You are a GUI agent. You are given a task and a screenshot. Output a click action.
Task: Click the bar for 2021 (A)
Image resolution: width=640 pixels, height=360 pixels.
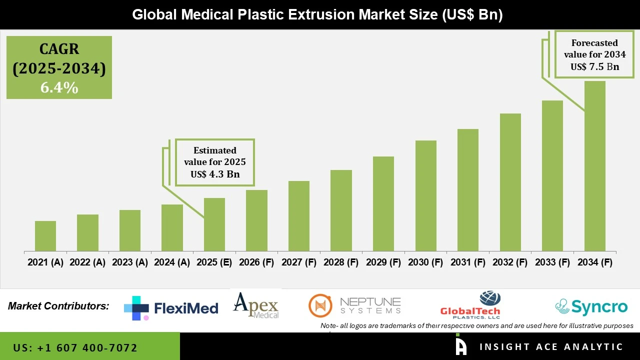pos(45,236)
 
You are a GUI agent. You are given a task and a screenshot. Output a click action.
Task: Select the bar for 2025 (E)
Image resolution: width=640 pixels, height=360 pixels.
pos(214,224)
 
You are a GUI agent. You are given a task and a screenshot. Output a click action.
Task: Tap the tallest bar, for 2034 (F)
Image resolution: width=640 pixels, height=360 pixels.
pos(594,166)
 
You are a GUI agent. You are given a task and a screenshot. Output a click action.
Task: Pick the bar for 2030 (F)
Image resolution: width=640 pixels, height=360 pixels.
pos(425,195)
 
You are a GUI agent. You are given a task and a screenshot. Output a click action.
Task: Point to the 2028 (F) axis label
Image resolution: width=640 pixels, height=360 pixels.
pos(341,262)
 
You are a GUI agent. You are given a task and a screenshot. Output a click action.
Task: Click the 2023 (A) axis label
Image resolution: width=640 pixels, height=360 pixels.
pos(130,262)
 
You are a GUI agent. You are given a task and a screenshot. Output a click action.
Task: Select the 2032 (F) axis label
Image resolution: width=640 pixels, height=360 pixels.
pos(510,262)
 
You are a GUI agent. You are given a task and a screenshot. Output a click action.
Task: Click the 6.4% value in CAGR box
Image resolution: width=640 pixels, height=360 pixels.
pos(59,88)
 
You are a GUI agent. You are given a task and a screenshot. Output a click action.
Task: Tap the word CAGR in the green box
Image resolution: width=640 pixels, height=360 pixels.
pos(59,49)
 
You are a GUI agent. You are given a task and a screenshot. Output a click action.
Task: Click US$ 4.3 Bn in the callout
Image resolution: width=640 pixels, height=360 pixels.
pos(215,174)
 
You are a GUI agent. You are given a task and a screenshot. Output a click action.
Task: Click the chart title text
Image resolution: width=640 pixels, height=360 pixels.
pos(317,14)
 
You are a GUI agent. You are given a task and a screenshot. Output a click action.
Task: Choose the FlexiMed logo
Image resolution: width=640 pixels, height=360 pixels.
pos(171,308)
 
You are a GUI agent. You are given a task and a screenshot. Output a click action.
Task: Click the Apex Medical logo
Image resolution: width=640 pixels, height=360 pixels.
pos(256,305)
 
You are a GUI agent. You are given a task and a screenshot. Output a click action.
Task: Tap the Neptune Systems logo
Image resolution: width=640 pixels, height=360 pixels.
pos(355,305)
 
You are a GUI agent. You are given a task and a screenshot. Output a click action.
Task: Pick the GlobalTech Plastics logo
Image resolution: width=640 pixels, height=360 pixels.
pos(470,305)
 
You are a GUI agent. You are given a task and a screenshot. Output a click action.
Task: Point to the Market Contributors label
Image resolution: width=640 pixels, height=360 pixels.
pos(58,305)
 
